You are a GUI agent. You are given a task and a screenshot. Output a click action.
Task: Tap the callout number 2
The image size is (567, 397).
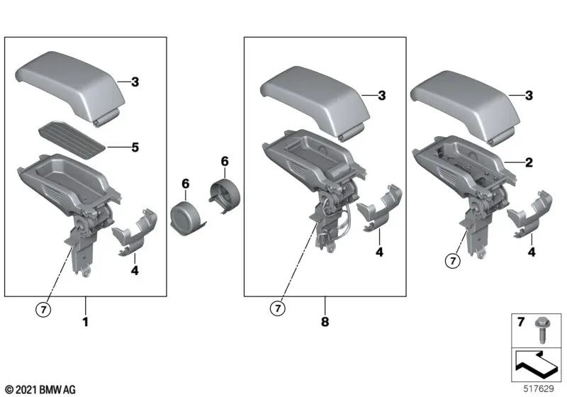[528, 162]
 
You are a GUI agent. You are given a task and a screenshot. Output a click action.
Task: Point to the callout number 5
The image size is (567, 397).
[135, 148]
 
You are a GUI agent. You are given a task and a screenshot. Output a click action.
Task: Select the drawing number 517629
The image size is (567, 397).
[538, 388]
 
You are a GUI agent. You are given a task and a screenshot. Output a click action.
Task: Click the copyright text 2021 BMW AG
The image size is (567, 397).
[40, 389]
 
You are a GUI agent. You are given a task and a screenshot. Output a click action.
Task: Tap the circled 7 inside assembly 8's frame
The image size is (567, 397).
[276, 308]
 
